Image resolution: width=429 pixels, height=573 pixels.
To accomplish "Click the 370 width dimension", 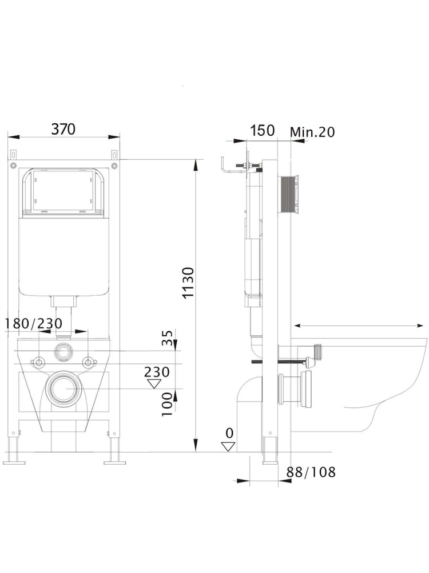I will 63,129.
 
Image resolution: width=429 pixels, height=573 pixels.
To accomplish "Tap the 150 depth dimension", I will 263,131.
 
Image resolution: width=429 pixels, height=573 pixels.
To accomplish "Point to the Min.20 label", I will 312,132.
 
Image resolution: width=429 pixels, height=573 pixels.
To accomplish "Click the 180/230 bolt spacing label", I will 34,324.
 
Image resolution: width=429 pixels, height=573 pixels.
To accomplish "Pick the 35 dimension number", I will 167,338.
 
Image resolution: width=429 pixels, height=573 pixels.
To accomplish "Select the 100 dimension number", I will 167,405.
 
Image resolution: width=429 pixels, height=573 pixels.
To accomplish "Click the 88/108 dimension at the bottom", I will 311,472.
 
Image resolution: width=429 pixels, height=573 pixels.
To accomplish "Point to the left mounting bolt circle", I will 39,362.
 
